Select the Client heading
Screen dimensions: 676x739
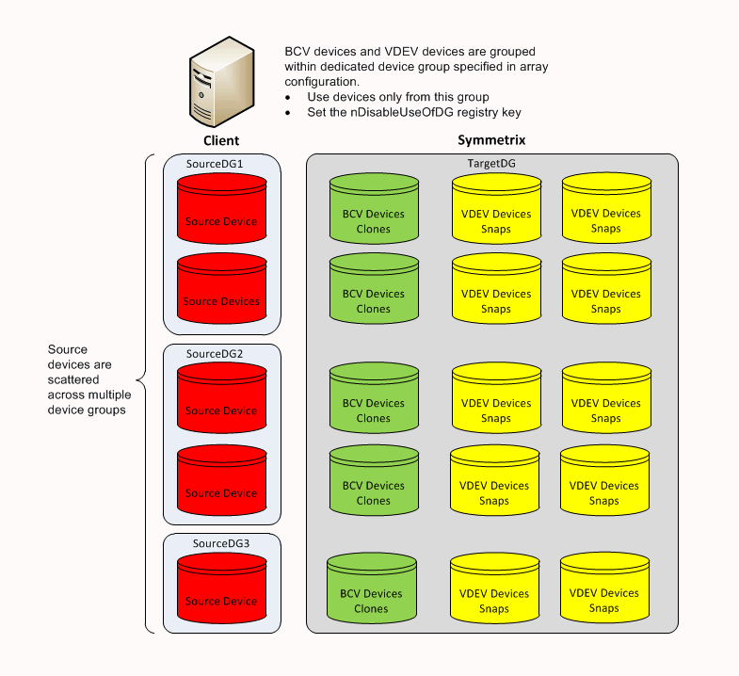coord(221,140)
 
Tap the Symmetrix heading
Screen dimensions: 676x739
coord(490,139)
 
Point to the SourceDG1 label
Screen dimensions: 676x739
coord(215,164)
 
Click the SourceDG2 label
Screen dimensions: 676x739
coord(215,353)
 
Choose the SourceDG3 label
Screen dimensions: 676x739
coord(221,543)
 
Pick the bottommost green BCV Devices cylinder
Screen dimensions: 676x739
coord(371,591)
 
